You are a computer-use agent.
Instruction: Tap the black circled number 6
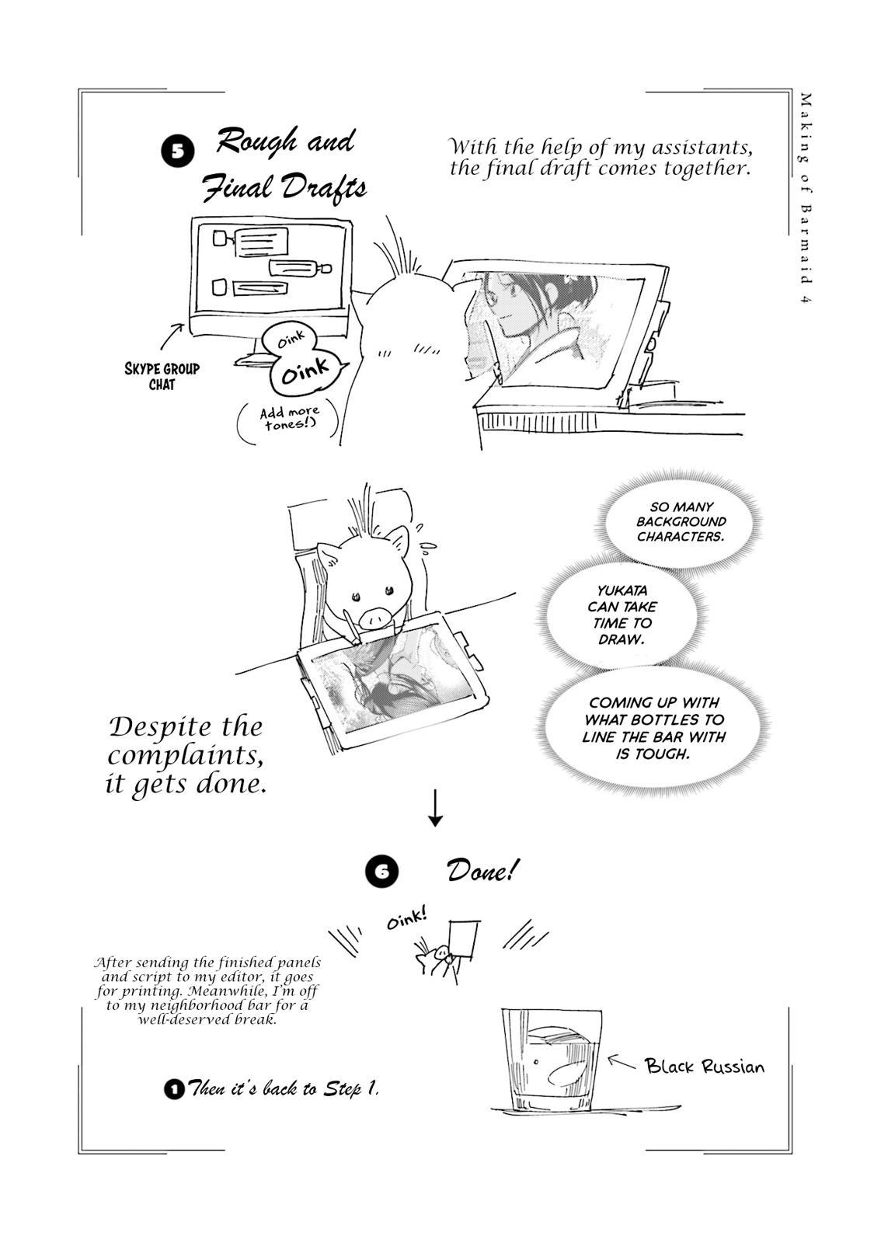[x=381, y=872]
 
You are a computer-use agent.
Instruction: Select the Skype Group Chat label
[x=162, y=376]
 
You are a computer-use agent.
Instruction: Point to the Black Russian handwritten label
[x=704, y=1066]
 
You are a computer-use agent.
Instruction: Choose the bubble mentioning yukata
[x=622, y=615]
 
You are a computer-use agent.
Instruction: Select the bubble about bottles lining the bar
[x=653, y=727]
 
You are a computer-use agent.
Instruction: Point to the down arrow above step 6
[x=436, y=808]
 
